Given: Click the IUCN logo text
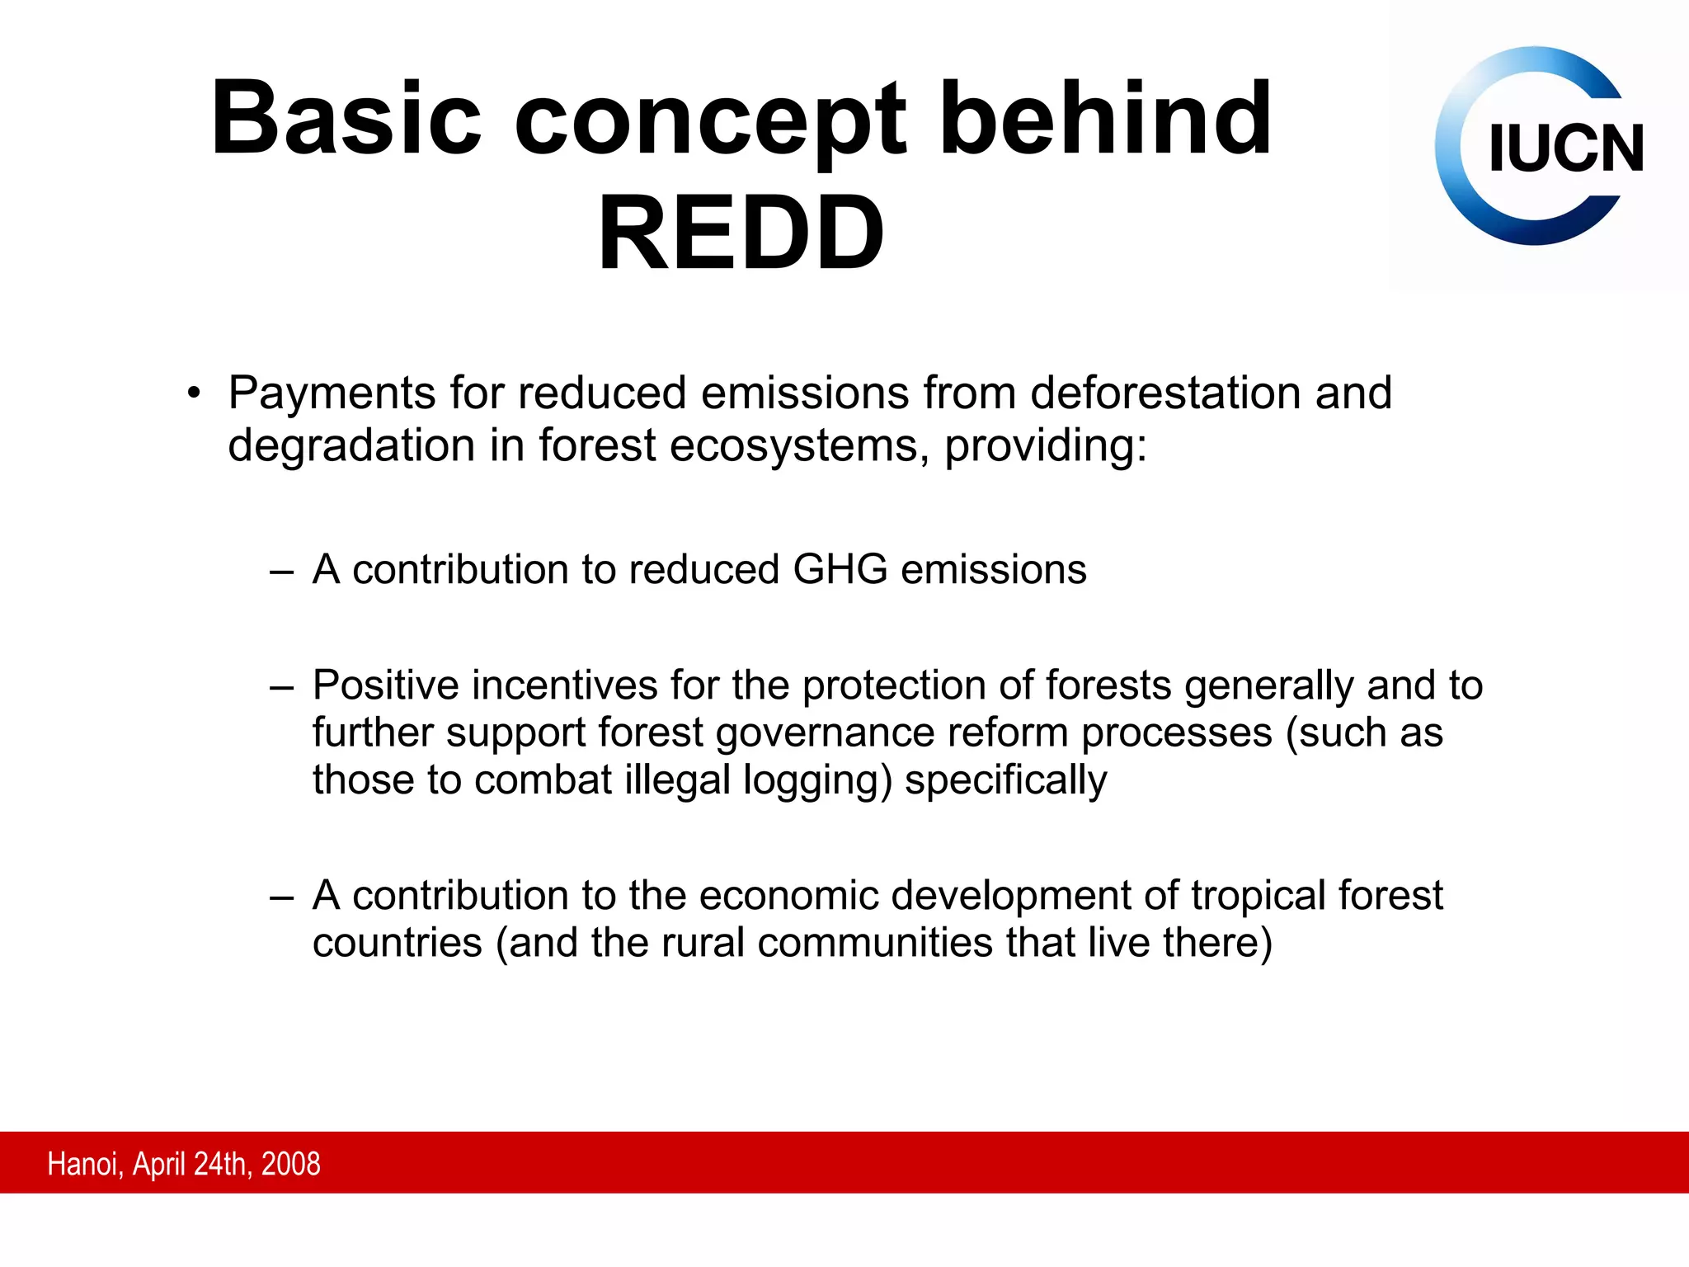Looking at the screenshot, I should coord(1565,149).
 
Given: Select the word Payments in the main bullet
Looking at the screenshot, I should coord(333,393).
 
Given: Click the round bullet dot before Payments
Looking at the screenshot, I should coord(193,393).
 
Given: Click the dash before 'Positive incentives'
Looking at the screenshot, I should coord(281,686).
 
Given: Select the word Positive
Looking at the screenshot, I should coord(385,685).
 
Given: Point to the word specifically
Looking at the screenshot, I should coord(1005,780).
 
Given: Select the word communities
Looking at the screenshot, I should coord(874,943).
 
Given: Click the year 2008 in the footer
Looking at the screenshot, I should coord(290,1164).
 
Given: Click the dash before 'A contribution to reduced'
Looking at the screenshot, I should coord(281,571).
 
